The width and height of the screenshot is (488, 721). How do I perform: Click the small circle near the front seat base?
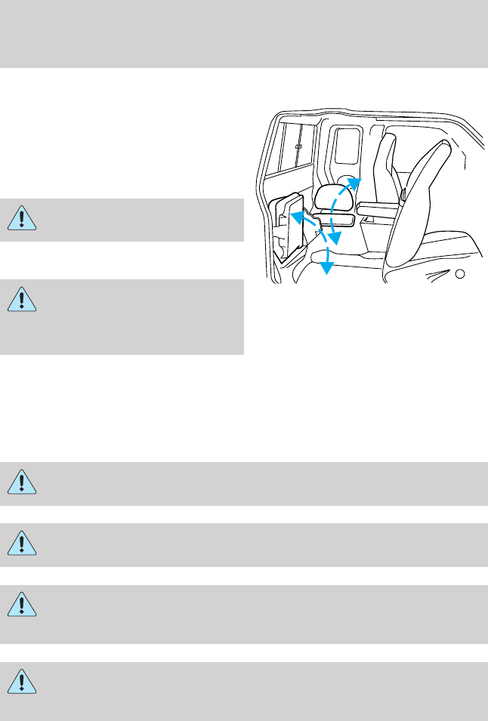pyautogui.click(x=459, y=273)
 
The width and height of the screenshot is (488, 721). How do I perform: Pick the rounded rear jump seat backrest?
pyautogui.click(x=335, y=199)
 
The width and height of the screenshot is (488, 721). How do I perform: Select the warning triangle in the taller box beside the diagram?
pyautogui.click(x=23, y=300)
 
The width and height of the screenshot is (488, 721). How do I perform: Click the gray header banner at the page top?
pyautogui.click(x=244, y=33)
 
